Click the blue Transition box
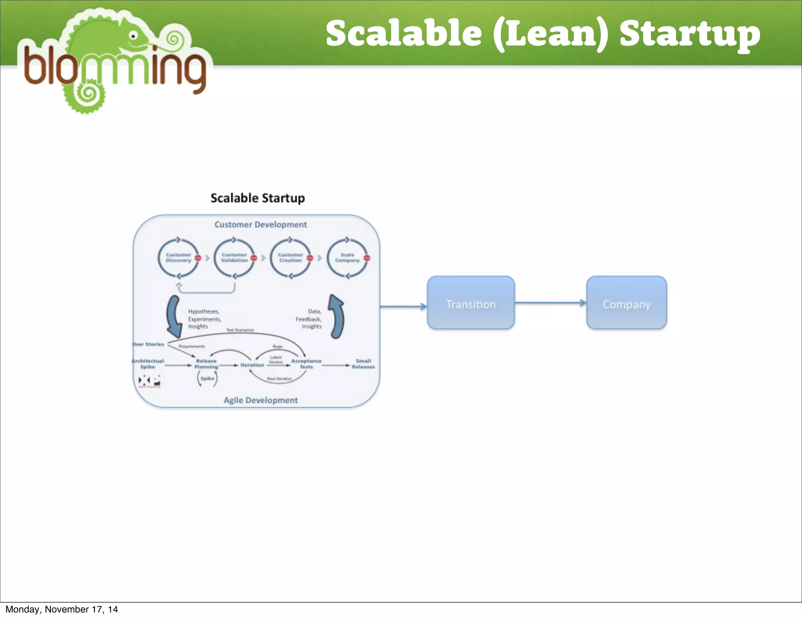[x=471, y=303]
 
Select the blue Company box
[x=627, y=303]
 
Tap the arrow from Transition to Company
[x=550, y=303]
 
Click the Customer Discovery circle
[x=178, y=258]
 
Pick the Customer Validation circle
[x=234, y=258]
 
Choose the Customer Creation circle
[x=290, y=258]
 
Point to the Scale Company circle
[x=347, y=258]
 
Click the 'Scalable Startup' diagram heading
[x=258, y=198]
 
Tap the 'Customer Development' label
[x=260, y=225]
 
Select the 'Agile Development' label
[x=260, y=400]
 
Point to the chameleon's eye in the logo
[x=133, y=36]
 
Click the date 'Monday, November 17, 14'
[x=61, y=609]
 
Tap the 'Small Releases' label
[x=363, y=364]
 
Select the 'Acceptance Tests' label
[x=306, y=364]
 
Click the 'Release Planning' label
[x=206, y=364]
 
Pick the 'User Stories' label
[x=148, y=344]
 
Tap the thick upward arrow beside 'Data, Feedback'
[x=336, y=316]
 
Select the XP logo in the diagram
[x=149, y=380]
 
